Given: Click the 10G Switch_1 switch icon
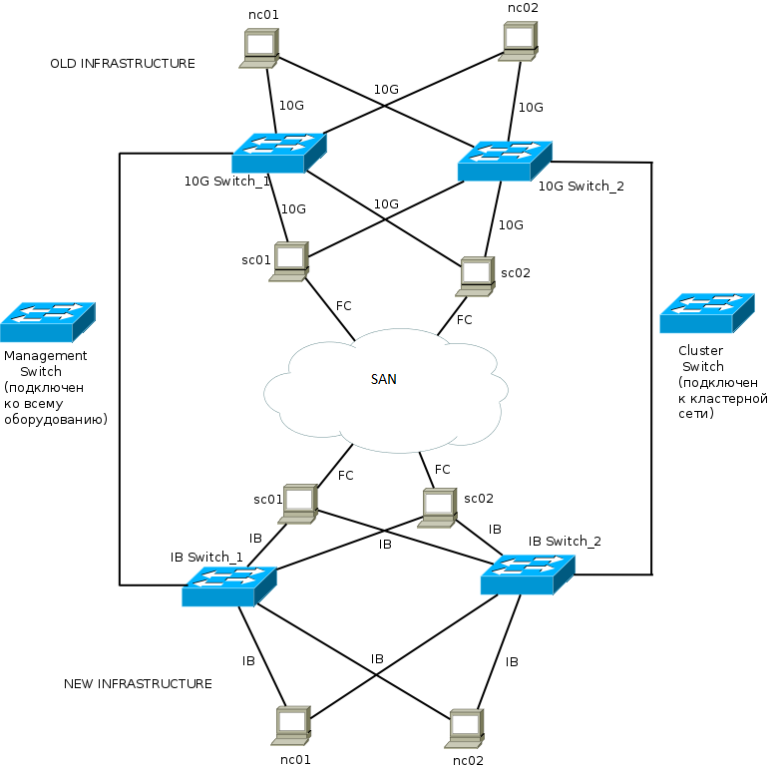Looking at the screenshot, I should pyautogui.click(x=278, y=153).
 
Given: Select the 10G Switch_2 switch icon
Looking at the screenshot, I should pyautogui.click(x=505, y=161).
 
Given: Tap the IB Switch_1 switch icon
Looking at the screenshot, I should pyautogui.click(x=228, y=585).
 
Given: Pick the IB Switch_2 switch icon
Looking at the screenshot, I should pyautogui.click(x=527, y=576).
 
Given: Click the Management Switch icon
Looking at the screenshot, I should pyautogui.click(x=47, y=322).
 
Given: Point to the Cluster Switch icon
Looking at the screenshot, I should pyautogui.click(x=707, y=313).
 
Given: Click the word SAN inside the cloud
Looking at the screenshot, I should pyautogui.click(x=384, y=380).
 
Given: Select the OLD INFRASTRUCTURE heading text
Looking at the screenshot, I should pyautogui.click(x=122, y=64).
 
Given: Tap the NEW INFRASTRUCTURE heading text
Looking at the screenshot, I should pyautogui.click(x=138, y=684).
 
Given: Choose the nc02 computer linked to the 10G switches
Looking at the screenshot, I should pyautogui.click(x=520, y=41).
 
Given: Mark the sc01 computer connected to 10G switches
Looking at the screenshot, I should pyautogui.click(x=289, y=261).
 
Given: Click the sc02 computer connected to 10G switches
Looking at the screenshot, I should pyautogui.click(x=477, y=276).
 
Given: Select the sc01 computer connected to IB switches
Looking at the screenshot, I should pyautogui.click(x=298, y=504).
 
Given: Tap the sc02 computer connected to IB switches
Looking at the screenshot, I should pyautogui.click(x=438, y=508).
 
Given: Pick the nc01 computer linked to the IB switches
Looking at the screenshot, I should pyautogui.click(x=292, y=726).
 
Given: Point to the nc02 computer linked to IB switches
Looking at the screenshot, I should pyautogui.click(x=466, y=729).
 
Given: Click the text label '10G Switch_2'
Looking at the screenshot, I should pyautogui.click(x=580, y=186).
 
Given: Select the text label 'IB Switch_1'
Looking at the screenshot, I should pyautogui.click(x=206, y=557).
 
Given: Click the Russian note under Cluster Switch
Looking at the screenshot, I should pyautogui.click(x=722, y=398).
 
